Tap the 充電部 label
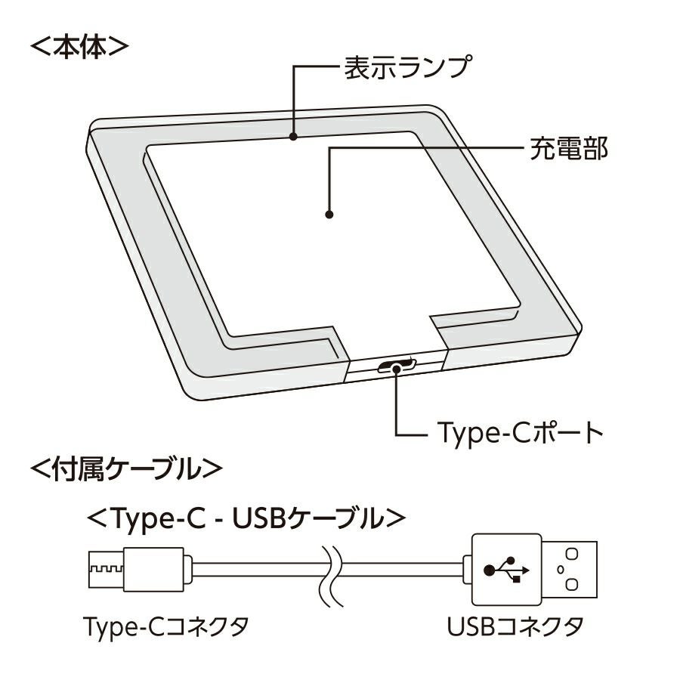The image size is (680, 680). pos(568,149)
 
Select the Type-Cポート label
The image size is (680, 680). pos(520,433)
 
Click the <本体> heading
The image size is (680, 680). pos(79,48)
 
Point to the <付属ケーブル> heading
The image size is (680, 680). pos(126,468)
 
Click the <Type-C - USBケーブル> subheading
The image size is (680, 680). pos(246,518)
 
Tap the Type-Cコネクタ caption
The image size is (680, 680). pos(166,626)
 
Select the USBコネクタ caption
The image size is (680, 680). pos(515,626)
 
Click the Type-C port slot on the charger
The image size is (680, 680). pos(397,366)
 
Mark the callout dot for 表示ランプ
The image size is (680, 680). pos(293,136)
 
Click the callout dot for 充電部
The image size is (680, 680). pos(329,215)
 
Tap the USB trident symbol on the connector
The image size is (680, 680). pos(506,570)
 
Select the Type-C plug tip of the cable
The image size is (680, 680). pos(107,570)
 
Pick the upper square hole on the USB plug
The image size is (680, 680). pos(572,555)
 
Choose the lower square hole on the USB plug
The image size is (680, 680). pos(572,584)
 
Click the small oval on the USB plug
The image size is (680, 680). pos(561,570)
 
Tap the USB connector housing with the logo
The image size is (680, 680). pos(506,570)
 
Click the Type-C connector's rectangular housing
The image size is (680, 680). pos(153,570)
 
